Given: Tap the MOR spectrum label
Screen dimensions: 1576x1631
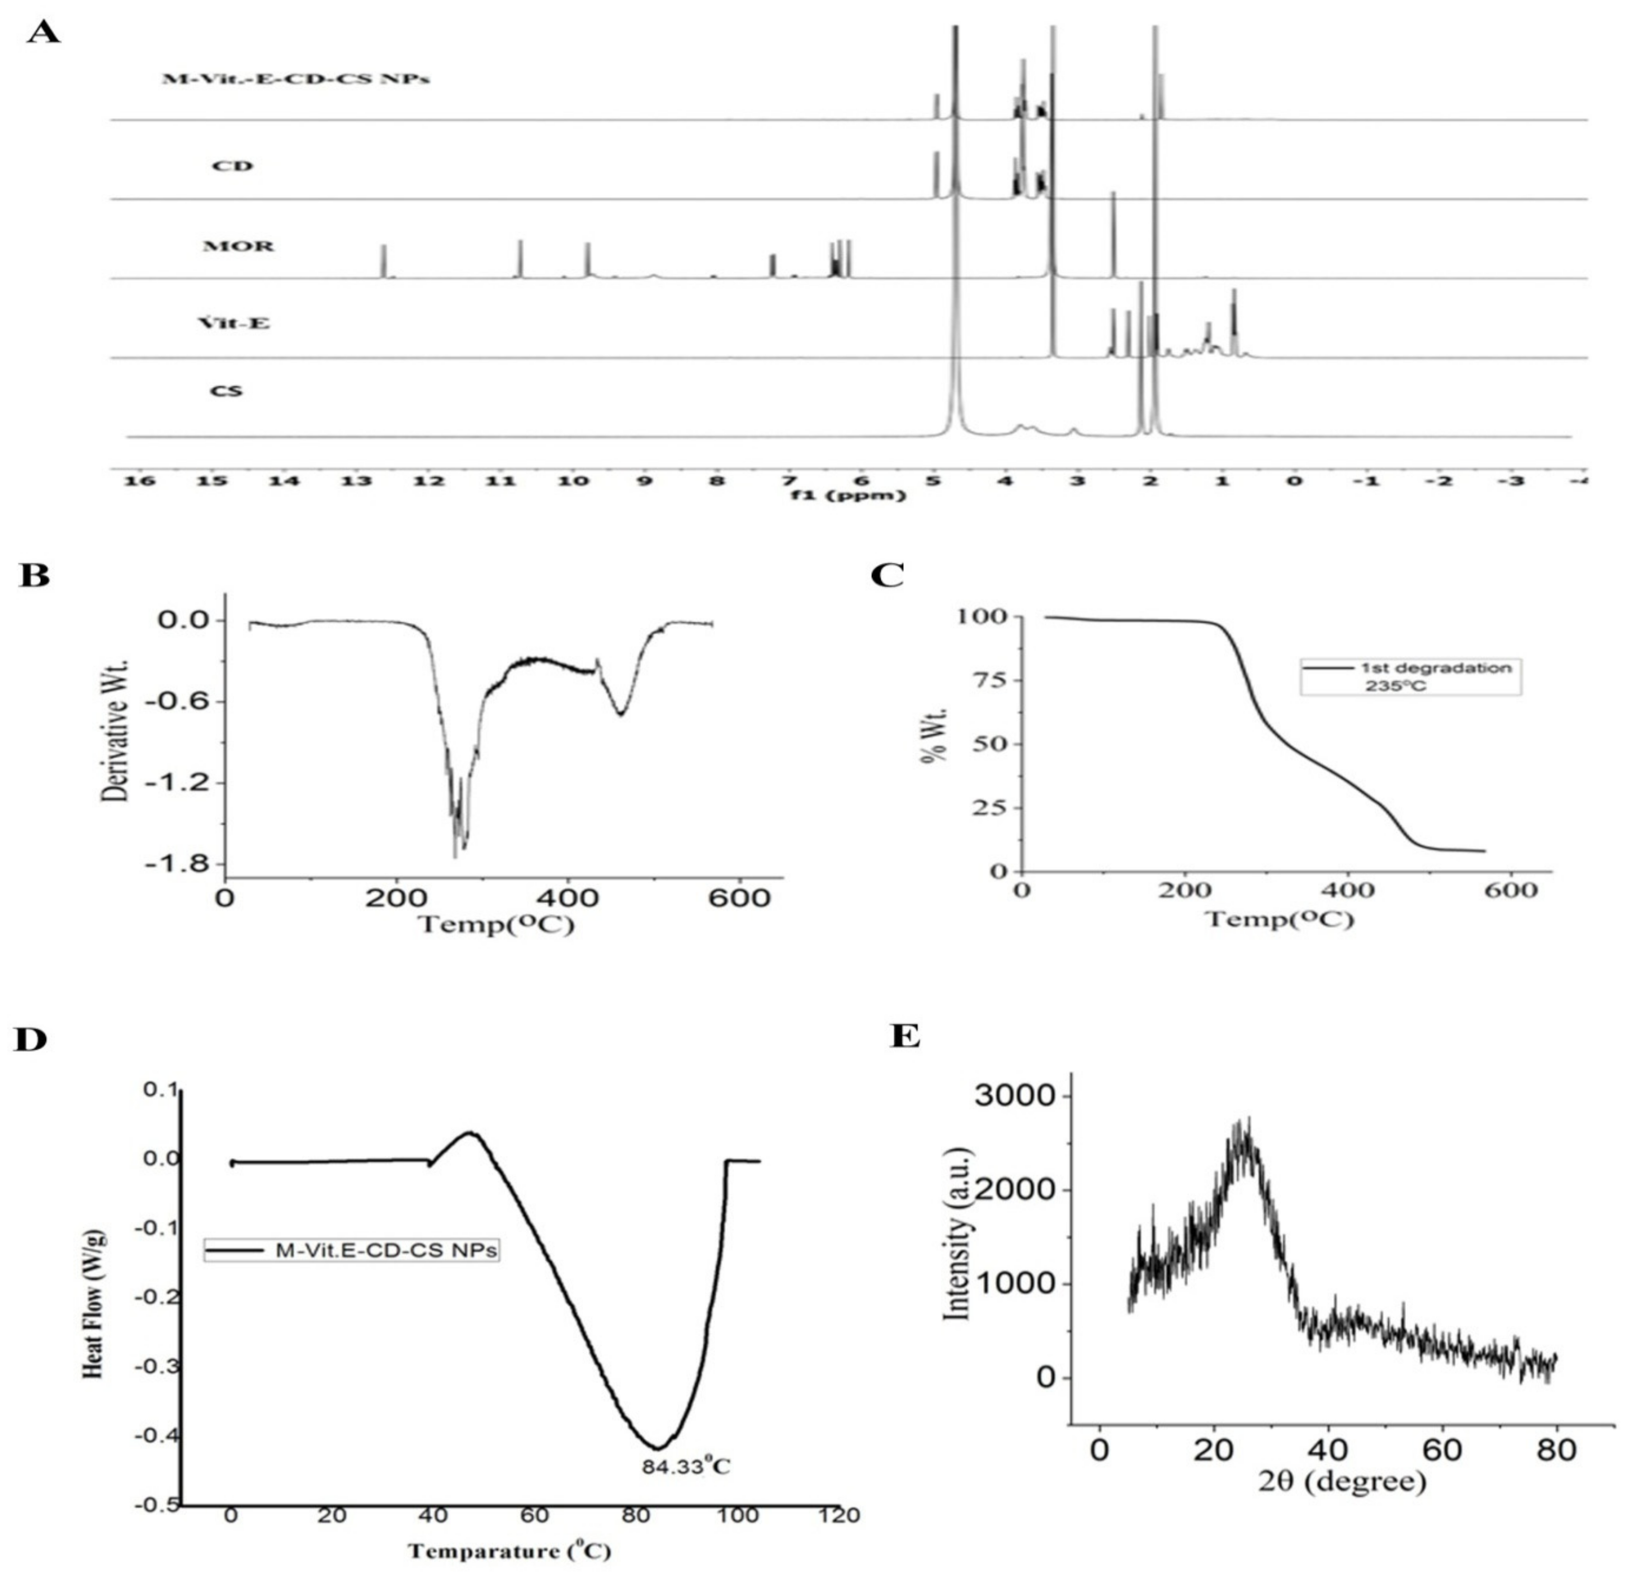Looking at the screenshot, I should pos(238,247).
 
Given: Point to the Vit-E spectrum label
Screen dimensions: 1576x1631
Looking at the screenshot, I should pos(234,323).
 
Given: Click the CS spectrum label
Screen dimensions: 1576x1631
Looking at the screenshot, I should pos(226,390).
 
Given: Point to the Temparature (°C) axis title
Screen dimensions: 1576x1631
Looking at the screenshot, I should pos(509,1550).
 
